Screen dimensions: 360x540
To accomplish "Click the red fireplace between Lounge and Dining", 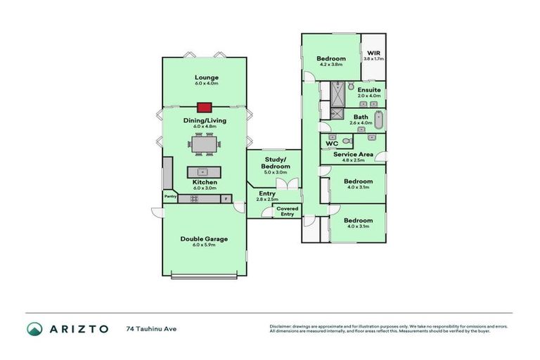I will pos(205,108).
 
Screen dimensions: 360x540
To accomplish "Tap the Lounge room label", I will pos(207,77).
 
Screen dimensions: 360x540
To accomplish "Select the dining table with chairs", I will pos(205,144).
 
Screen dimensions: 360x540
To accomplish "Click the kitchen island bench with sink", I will pos(204,172).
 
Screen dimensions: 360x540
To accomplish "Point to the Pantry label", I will pos(170,197).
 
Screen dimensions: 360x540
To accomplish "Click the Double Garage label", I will pos(204,239).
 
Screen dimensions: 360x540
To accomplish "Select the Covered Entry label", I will pos(287,211).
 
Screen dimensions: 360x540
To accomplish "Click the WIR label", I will pos(373,53).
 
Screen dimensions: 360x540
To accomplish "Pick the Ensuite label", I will pos(369,90).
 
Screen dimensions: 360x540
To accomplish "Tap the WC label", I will pos(333,143).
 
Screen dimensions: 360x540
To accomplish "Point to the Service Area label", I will pos(353,154).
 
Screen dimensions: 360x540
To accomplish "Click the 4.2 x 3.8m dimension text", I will pos(330,65).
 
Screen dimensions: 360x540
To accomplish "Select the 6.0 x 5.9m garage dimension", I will pos(204,245).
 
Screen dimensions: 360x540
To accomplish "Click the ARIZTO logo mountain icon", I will pos(34,328).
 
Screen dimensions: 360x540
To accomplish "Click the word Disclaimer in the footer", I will pos(282,326).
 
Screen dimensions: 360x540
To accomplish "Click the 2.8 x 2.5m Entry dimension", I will pos(267,200).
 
